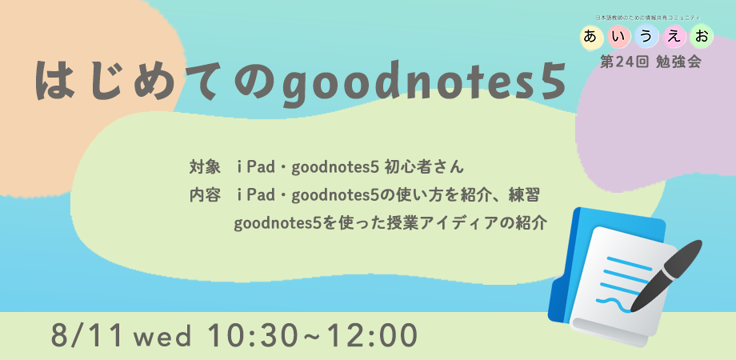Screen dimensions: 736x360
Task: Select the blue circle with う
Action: coord(646,37)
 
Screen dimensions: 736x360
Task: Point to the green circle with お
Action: coord(702,37)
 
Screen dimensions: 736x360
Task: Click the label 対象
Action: coord(205,167)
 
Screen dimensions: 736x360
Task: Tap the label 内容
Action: coord(205,195)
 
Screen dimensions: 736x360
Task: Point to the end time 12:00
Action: coord(371,334)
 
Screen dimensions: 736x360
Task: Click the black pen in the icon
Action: coord(666,277)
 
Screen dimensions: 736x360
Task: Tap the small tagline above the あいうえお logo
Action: coord(648,18)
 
